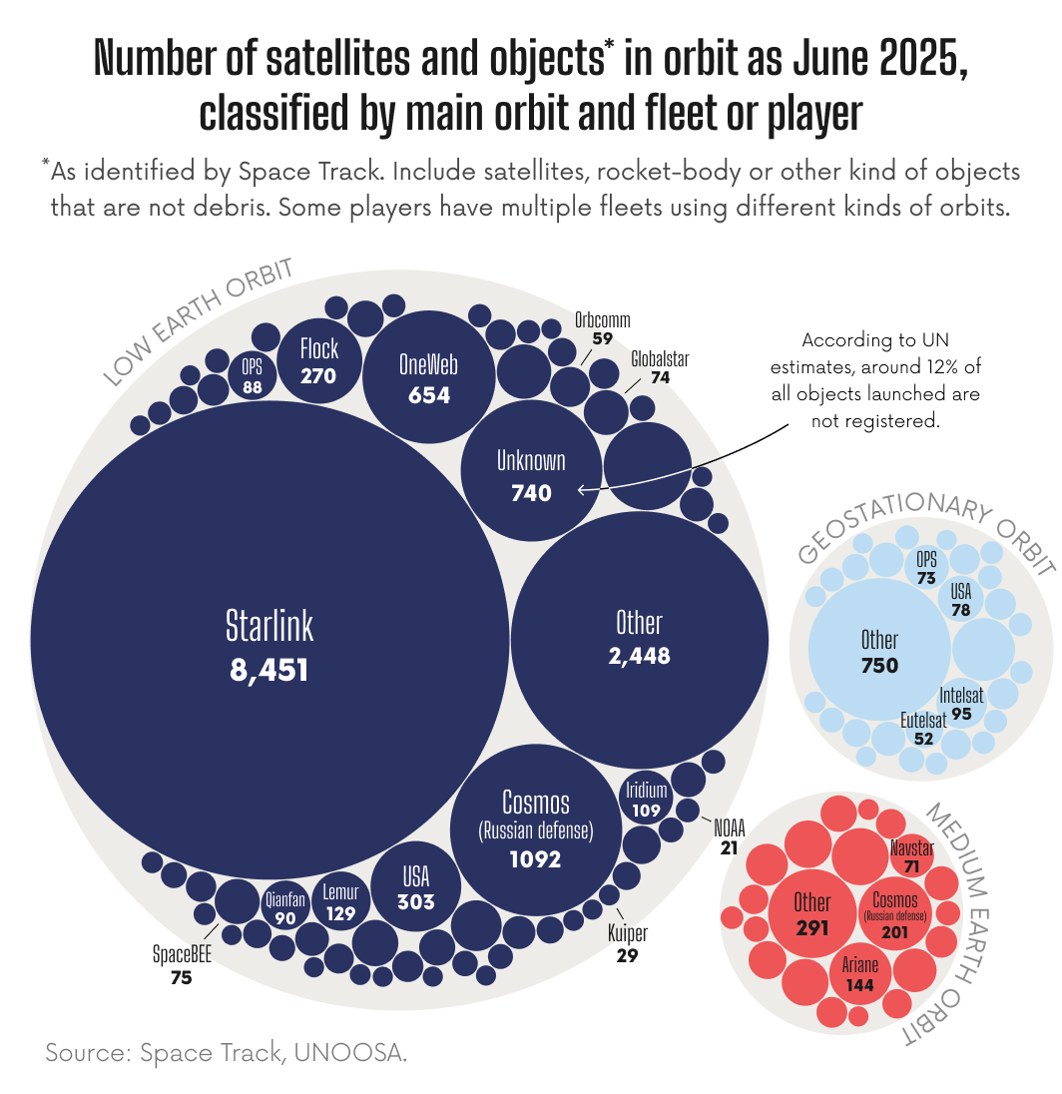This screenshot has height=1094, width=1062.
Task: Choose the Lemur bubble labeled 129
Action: click(x=340, y=901)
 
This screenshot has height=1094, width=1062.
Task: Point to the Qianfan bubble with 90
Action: click(x=284, y=906)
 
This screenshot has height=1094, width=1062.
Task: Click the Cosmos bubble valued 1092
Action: click(x=536, y=828)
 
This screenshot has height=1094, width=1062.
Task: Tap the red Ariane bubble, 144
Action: click(x=859, y=974)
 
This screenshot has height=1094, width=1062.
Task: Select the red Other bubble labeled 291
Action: click(x=811, y=913)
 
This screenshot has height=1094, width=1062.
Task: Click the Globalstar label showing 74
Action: click(x=660, y=368)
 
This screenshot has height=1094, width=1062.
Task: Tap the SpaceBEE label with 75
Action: click(x=181, y=965)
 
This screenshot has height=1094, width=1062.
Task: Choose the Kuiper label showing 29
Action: click(x=628, y=944)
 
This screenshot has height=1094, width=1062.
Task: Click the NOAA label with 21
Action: click(x=729, y=836)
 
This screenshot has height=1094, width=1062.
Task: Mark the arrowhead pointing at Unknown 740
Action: click(x=582, y=489)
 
